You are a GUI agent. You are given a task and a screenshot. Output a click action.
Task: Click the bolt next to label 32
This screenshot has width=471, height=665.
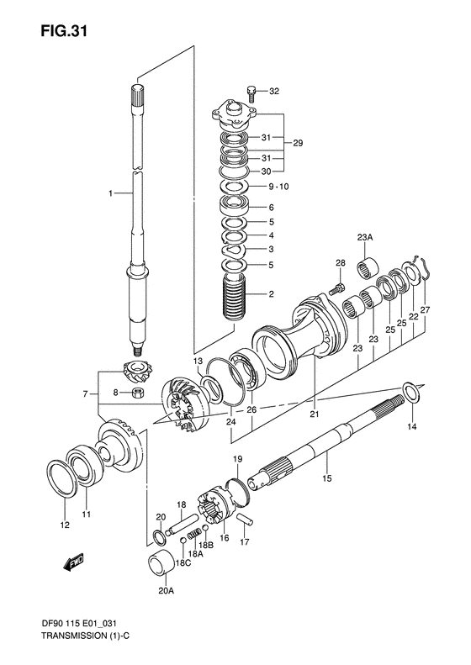pos(251,90)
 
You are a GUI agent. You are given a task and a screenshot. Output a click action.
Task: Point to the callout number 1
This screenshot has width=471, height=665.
pos(109,194)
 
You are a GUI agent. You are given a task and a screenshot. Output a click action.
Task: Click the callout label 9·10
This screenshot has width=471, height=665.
pos(279,187)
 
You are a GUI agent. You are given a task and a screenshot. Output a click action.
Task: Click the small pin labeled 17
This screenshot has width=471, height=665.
pos(245,519)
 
